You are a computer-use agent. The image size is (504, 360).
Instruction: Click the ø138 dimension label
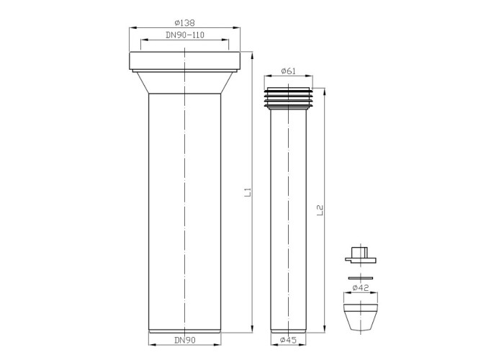coord(185,23)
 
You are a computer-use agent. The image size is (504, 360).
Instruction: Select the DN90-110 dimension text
coord(185,35)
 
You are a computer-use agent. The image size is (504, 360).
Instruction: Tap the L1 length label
coord(248,192)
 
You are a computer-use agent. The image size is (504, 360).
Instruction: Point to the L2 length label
coord(320,210)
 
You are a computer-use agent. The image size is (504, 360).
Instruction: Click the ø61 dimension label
coord(288,71)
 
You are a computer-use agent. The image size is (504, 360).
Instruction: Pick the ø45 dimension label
coord(288,340)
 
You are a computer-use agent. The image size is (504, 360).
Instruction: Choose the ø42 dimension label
coord(361,288)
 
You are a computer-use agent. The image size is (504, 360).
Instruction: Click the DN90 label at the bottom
coord(185,340)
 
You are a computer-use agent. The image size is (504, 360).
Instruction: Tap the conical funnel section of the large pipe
coord(185,83)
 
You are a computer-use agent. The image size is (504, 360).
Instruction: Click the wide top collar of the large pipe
coord(185,60)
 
